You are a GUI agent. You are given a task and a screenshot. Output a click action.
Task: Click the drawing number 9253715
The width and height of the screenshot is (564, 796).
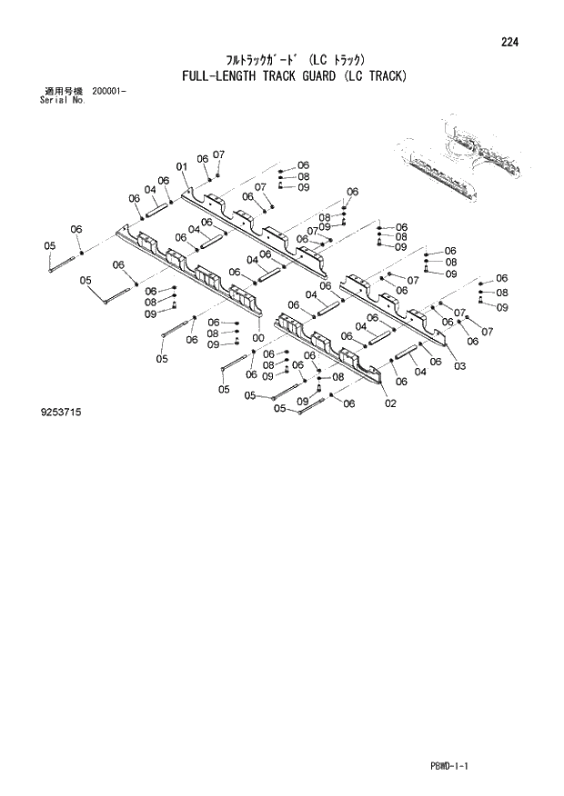[61, 412]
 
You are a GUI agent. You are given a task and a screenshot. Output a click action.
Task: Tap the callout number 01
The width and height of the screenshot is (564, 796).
[182, 166]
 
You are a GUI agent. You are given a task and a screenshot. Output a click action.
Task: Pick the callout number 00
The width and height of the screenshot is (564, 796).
[258, 338]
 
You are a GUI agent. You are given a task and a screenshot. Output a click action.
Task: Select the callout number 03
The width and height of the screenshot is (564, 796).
[459, 365]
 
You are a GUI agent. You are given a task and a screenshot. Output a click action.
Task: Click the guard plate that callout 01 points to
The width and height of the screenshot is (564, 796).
[255, 227]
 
